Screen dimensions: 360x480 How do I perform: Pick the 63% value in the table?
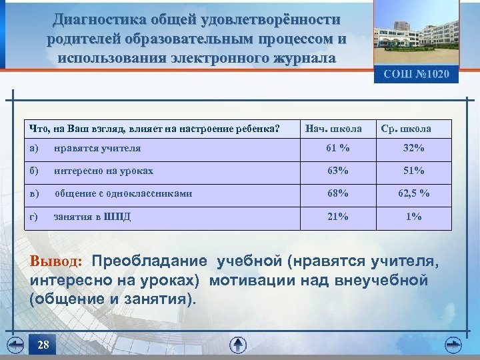click(337, 171)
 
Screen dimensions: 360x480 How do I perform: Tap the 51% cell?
click(413, 171)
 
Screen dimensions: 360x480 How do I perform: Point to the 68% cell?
click(337, 193)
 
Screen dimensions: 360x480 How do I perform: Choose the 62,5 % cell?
click(413, 193)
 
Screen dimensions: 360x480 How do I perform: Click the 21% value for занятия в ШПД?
click(337, 216)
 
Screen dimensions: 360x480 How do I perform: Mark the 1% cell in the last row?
click(413, 216)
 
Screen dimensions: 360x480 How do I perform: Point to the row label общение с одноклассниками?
click(123, 193)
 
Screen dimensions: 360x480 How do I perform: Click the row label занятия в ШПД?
click(92, 216)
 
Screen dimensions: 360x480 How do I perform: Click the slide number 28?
click(43, 345)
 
